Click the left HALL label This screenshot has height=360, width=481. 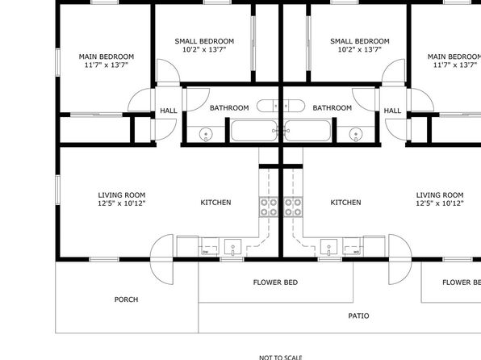pyautogui.click(x=169, y=111)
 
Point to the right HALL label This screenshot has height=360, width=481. pyautogui.click(x=392, y=111)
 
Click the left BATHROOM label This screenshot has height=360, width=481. pyautogui.click(x=229, y=108)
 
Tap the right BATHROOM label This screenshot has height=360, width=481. pyautogui.click(x=333, y=108)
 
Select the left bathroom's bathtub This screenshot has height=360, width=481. pyautogui.click(x=254, y=131)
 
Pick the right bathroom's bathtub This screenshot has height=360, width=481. pyautogui.click(x=307, y=131)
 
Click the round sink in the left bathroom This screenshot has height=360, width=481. pyautogui.click(x=206, y=135)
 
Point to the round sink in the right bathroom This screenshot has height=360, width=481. pyautogui.click(x=356, y=135)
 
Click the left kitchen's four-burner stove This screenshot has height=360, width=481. pyautogui.click(x=269, y=207)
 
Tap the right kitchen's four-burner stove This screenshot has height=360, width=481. pyautogui.click(x=293, y=207)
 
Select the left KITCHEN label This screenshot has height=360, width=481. pyautogui.click(x=215, y=203)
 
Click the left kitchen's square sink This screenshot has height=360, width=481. pyautogui.click(x=232, y=247)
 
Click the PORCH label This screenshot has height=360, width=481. pyautogui.click(x=126, y=299)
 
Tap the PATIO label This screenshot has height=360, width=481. pyautogui.click(x=358, y=316)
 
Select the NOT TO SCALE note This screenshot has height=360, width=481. pyautogui.click(x=281, y=358)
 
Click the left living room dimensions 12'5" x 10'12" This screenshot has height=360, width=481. pyautogui.click(x=122, y=203)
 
